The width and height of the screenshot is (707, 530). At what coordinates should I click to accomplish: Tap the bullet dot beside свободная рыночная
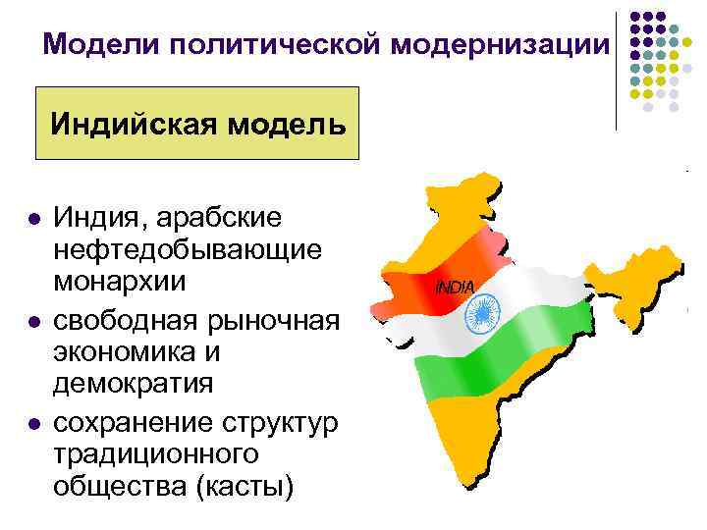(34, 321)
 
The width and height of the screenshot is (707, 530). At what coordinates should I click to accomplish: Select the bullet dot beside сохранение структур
(34, 423)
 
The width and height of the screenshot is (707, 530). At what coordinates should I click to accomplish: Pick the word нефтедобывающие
(188, 249)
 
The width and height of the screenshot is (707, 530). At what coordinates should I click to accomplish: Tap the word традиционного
(157, 453)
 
